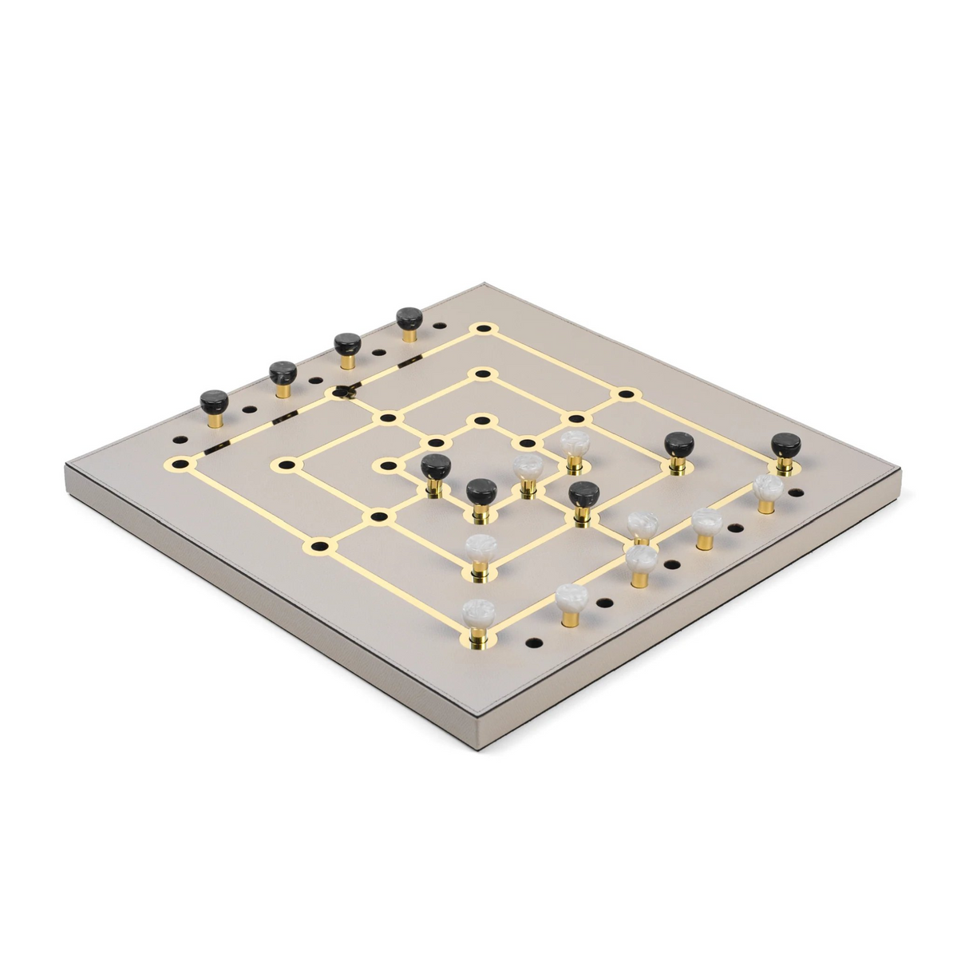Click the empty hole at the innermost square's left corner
click(388, 465)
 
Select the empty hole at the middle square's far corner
click(481, 374)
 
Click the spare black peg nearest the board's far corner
click(410, 319)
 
